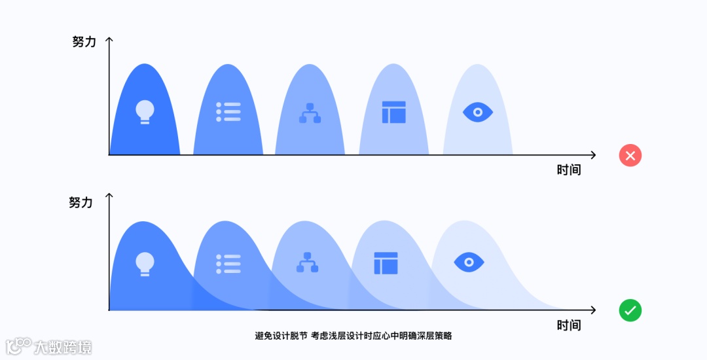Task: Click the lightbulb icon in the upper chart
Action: [145, 112]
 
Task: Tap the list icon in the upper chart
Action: [228, 112]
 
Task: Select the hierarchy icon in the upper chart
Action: [310, 113]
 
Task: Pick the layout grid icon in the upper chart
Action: [394, 112]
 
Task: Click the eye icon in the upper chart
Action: [478, 112]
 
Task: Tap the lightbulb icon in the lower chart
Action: [145, 263]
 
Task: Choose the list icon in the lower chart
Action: [228, 263]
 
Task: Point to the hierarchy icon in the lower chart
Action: [307, 262]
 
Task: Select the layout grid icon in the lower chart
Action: [386, 263]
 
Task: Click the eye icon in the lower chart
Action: [469, 262]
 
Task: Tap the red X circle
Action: [630, 155]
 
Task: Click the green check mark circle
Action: [630, 310]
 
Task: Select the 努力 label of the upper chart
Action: [84, 42]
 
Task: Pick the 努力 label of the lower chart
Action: [81, 202]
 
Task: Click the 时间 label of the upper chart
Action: [569, 170]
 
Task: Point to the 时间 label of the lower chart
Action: [569, 325]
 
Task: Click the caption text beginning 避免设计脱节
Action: [353, 336]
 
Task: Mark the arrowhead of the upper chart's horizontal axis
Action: [592, 155]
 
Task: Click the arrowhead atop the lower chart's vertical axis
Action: [109, 196]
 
